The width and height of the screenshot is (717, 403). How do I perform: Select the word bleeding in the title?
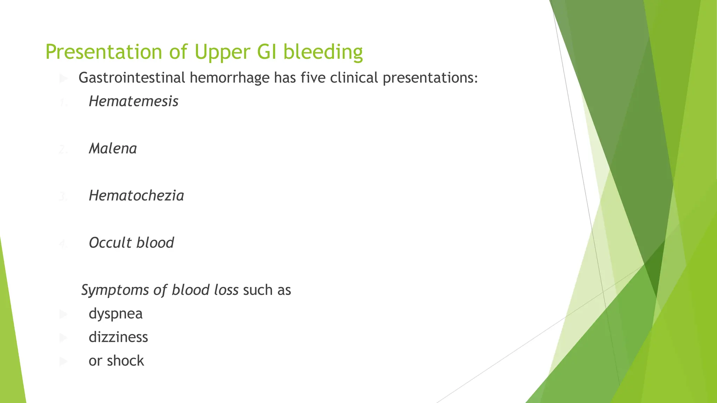(322, 52)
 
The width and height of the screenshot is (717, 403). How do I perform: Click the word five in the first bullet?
(313, 78)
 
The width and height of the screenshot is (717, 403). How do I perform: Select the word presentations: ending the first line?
(430, 78)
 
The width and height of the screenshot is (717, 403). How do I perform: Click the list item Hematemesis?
(133, 101)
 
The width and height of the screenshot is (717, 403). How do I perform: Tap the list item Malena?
(113, 149)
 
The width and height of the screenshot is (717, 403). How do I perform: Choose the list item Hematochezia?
(136, 196)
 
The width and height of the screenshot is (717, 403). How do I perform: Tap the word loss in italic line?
(226, 290)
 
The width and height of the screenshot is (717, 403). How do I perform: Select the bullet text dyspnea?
(116, 314)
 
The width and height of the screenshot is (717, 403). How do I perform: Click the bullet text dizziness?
(118, 337)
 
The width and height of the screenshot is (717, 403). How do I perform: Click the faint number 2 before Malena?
(63, 150)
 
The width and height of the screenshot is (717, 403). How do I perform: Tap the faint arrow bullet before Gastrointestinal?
(64, 78)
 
